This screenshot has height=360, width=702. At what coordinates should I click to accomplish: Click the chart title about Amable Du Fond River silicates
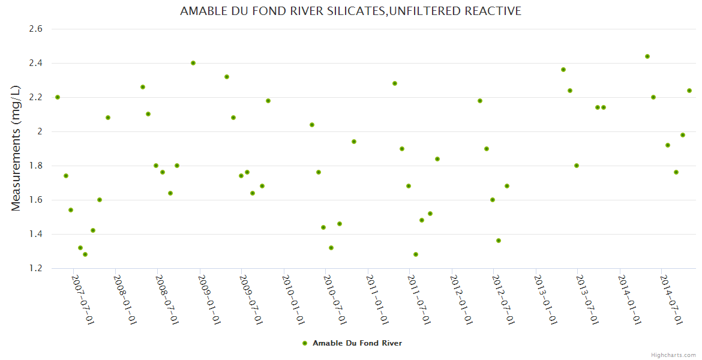click(x=350, y=11)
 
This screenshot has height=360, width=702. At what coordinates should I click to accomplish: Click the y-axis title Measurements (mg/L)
click(x=16, y=148)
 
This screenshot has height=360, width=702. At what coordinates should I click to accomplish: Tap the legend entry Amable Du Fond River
click(x=352, y=343)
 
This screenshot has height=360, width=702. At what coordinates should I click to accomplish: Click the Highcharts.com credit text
click(x=673, y=355)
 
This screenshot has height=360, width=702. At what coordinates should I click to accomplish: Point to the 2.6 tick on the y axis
click(x=35, y=29)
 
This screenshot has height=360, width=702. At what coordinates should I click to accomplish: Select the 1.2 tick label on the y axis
click(x=35, y=268)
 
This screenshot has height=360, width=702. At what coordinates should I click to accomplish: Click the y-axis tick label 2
click(x=40, y=131)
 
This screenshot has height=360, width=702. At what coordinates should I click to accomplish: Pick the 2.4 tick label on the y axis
click(x=35, y=63)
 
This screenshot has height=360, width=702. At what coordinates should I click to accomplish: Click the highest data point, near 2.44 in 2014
click(x=647, y=56)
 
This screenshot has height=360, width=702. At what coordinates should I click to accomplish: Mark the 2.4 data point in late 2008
click(x=193, y=63)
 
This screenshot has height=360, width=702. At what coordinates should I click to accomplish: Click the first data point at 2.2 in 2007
click(x=58, y=97)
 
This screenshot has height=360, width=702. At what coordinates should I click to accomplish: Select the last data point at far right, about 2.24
click(x=689, y=91)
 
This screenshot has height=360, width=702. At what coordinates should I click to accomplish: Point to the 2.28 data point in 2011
click(x=395, y=83)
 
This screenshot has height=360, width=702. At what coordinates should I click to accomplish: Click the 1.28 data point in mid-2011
click(x=416, y=254)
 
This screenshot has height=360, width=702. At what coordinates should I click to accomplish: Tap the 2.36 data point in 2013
click(x=563, y=70)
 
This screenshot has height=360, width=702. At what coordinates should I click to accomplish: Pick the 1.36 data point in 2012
click(x=499, y=241)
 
